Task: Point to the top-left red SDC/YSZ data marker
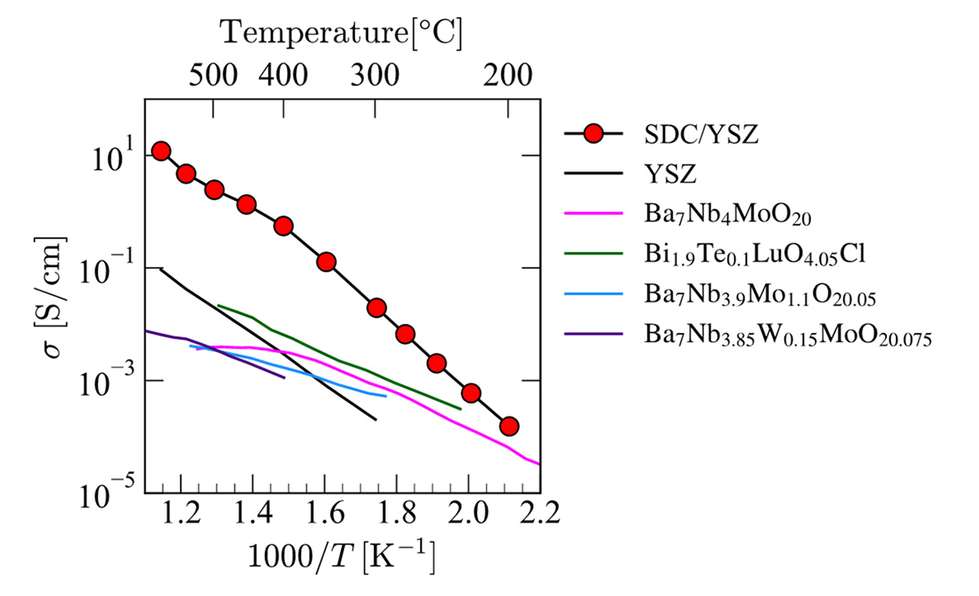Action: [x=161, y=151]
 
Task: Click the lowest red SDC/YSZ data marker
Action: [x=509, y=426]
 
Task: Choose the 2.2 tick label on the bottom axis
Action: [x=539, y=515]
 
